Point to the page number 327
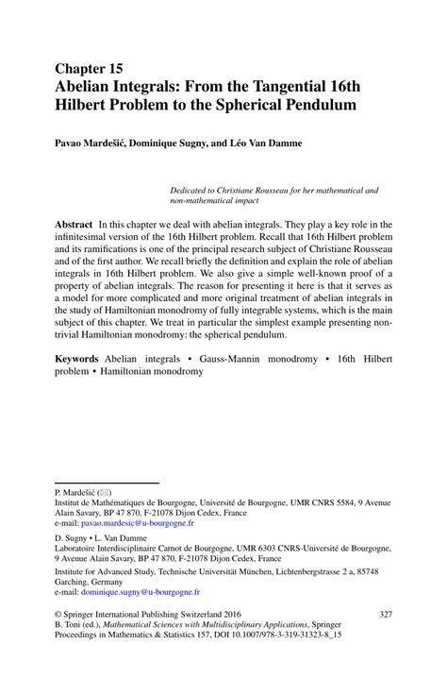click(384, 615)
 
